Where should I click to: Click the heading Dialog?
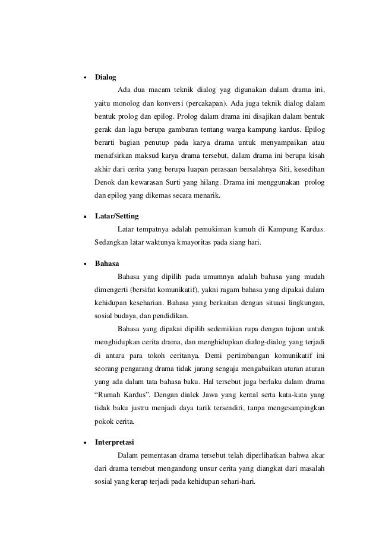click(106, 77)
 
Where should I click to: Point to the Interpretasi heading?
click(115, 443)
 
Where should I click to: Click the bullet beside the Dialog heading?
click(85, 78)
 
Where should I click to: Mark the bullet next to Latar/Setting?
click(85, 217)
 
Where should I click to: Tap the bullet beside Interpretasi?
click(85, 443)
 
